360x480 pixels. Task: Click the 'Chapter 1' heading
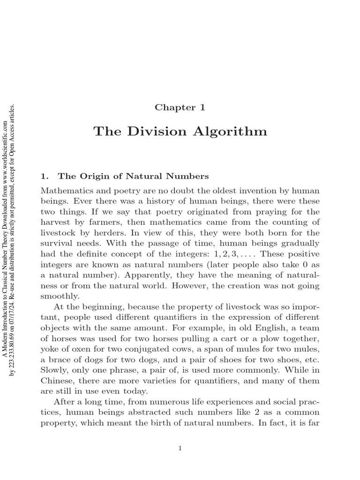180,107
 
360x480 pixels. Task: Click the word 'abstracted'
155,412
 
